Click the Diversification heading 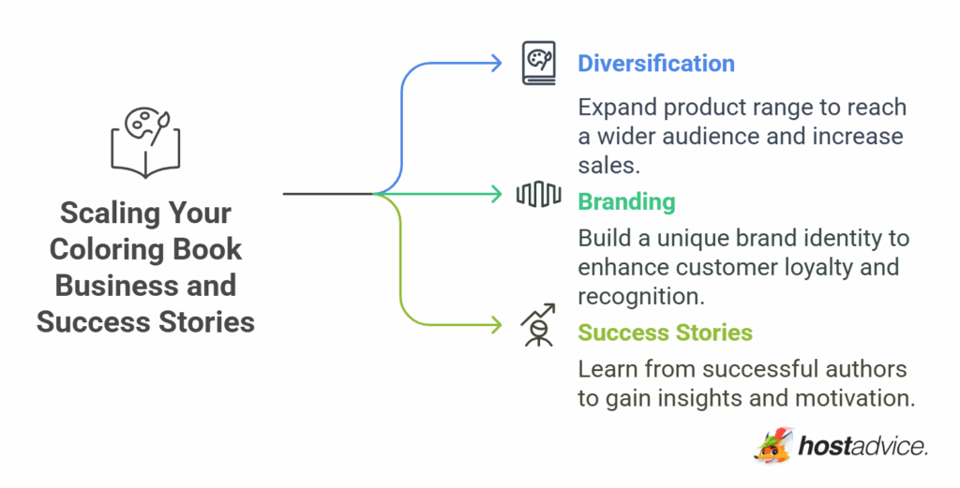pos(655,64)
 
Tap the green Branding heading pos(625,201)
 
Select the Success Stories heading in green pos(665,333)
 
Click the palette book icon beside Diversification pos(538,63)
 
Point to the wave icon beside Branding pos(538,195)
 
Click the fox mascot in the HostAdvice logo pos(773,444)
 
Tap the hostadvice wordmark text pos(862,447)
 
